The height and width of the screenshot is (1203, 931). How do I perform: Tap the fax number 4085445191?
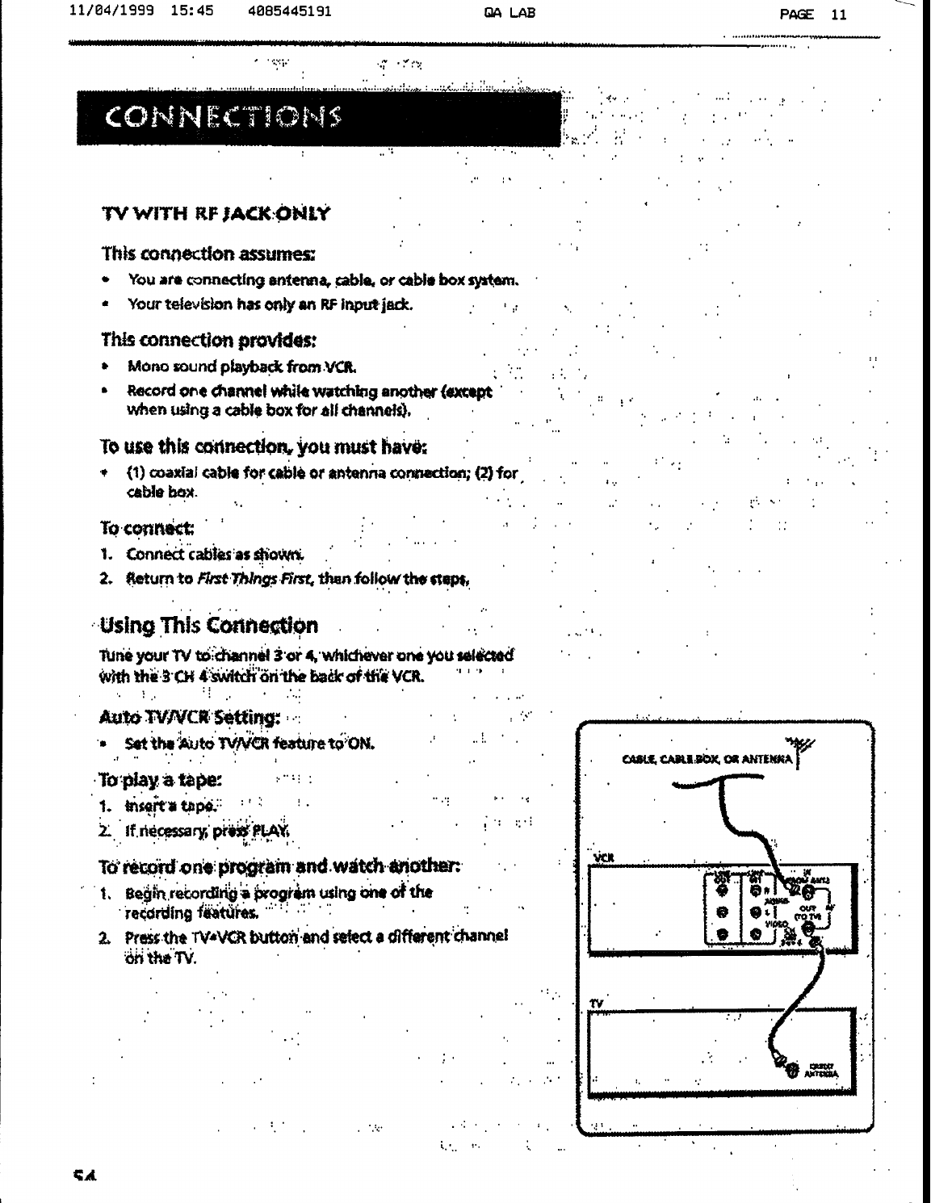pos(291,13)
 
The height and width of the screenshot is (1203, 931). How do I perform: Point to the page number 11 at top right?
pos(839,14)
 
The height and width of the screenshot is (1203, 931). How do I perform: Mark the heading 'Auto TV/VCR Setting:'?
pos(189,717)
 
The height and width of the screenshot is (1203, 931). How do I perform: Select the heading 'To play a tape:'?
pos(161,781)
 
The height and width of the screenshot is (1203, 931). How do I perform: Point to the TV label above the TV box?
pos(597,1003)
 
